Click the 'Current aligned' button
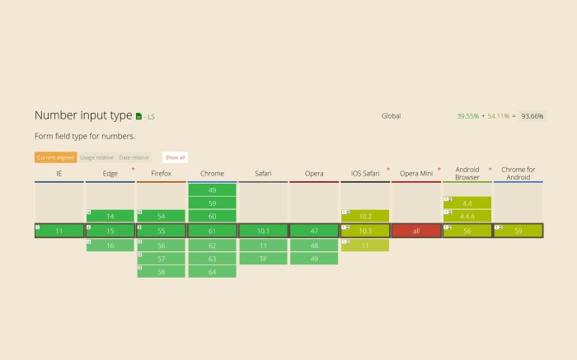point(55,157)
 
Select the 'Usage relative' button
point(96,157)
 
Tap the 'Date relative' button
point(134,157)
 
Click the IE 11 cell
point(59,231)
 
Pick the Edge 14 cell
point(110,216)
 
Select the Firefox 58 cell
point(162,271)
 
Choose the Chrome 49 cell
point(213,189)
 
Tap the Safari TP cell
point(263,258)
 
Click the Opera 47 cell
point(314,231)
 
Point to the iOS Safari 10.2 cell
point(365,216)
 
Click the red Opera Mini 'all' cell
point(416,231)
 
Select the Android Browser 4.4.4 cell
point(467,216)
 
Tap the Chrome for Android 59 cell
point(518,231)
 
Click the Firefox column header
point(162,174)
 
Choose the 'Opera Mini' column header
point(416,174)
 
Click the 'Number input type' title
point(83,116)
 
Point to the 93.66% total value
point(532,116)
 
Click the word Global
point(391,116)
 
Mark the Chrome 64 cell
point(213,271)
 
